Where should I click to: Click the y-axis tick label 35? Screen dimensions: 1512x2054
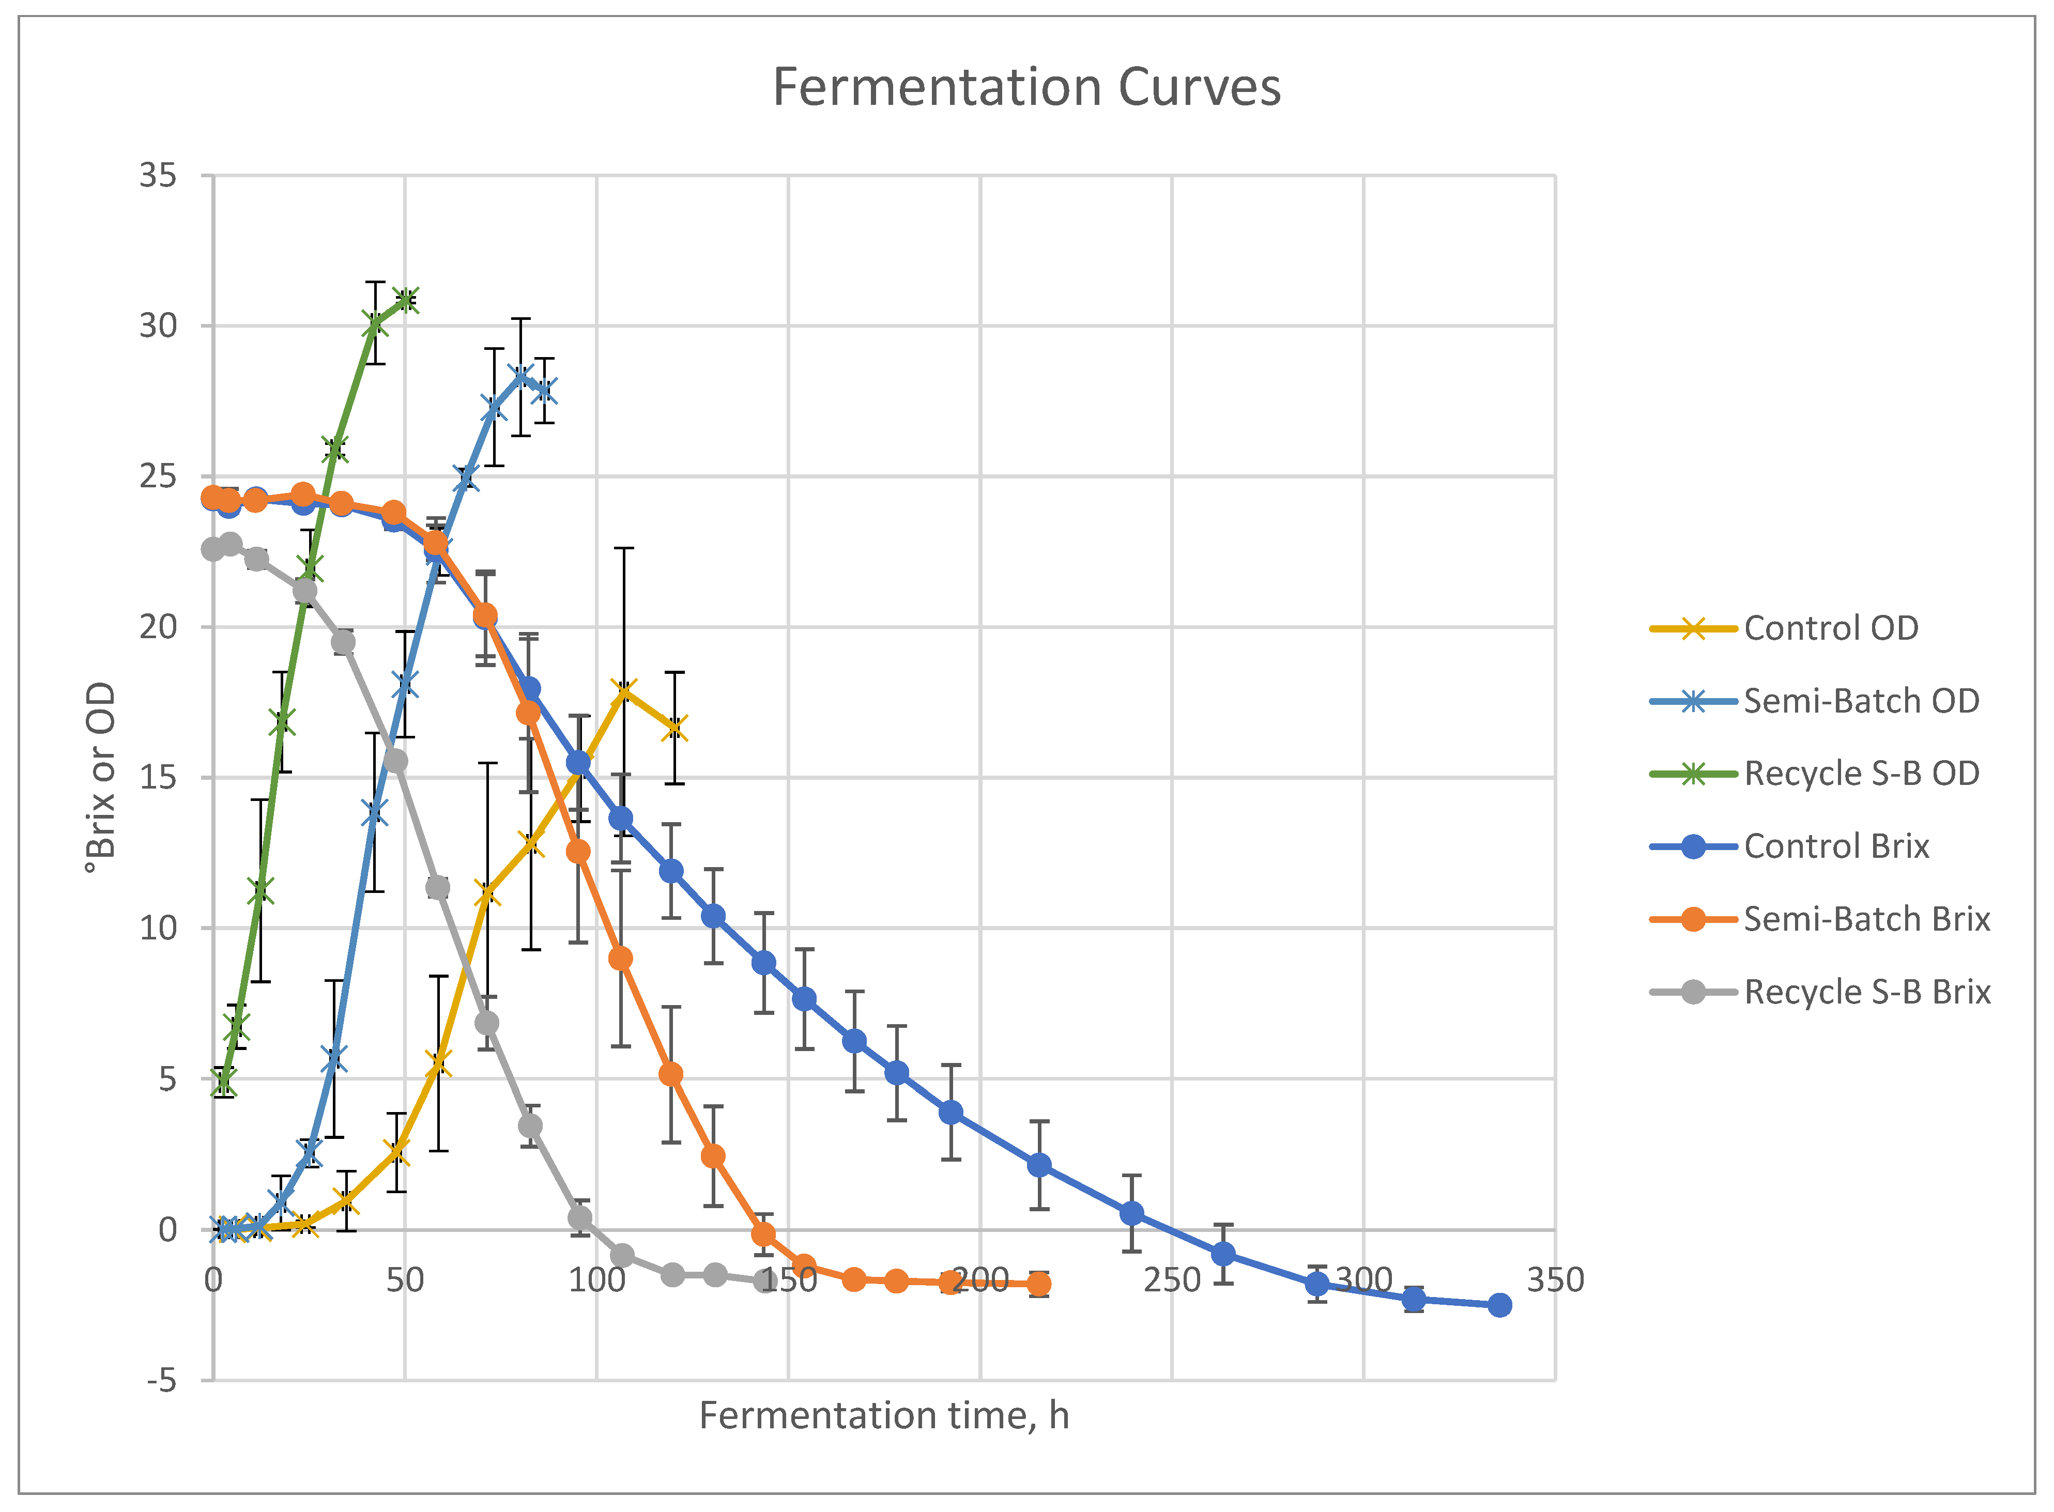pos(158,175)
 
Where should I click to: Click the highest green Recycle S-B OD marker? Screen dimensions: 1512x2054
pos(406,299)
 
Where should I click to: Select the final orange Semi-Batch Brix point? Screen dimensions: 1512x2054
pos(1039,1284)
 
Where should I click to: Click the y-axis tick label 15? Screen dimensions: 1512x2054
pos(158,777)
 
